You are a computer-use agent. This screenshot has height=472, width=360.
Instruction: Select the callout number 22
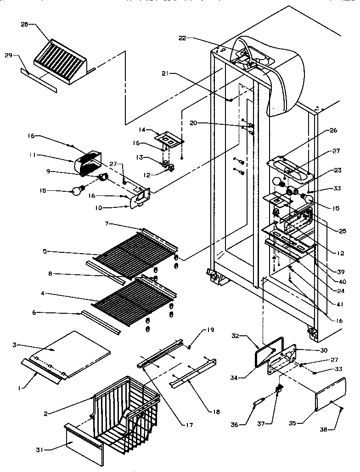(182, 39)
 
